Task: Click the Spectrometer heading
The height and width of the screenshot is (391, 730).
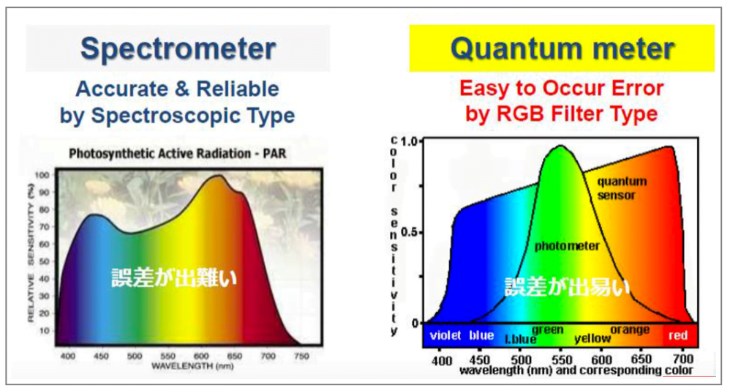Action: pyautogui.click(x=178, y=49)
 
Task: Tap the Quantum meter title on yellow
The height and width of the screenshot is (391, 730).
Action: pyautogui.click(x=562, y=48)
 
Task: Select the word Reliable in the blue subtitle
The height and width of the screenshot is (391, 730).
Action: pyautogui.click(x=238, y=89)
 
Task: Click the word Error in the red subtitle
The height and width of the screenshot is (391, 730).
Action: pyautogui.click(x=633, y=88)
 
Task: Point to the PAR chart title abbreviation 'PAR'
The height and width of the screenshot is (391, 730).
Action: pyautogui.click(x=274, y=153)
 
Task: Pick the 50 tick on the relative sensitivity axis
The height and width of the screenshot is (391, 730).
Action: pyautogui.click(x=44, y=261)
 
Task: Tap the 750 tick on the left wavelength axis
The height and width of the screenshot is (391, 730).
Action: pyautogui.click(x=301, y=356)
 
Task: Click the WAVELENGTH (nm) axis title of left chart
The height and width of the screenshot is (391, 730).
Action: pyautogui.click(x=192, y=366)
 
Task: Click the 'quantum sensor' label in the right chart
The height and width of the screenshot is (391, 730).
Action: pyautogui.click(x=622, y=187)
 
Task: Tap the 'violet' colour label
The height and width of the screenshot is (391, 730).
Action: pyautogui.click(x=445, y=335)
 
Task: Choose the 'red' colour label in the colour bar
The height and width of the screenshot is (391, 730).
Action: pyautogui.click(x=678, y=335)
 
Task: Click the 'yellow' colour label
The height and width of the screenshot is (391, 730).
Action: pyautogui.click(x=592, y=338)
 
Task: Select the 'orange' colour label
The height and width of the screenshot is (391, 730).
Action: pyautogui.click(x=630, y=329)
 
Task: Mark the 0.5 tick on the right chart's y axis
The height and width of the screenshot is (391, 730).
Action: pyautogui.click(x=410, y=232)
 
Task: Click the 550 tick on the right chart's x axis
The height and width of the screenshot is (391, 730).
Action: pyautogui.click(x=562, y=360)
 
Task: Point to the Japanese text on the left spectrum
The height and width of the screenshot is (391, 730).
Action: pyautogui.click(x=174, y=278)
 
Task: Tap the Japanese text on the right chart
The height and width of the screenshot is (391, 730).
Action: pyautogui.click(x=568, y=286)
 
